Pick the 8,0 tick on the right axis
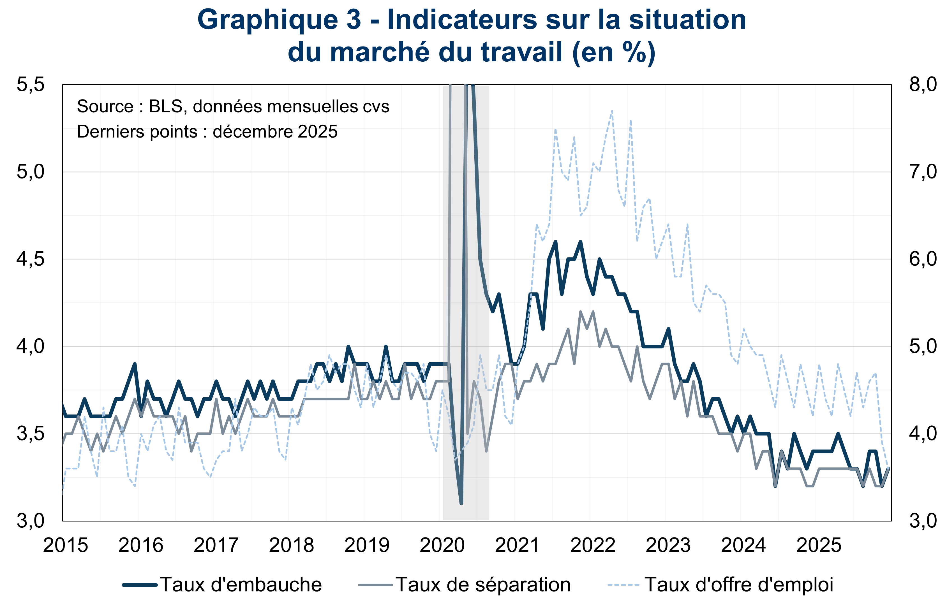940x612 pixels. (x=922, y=85)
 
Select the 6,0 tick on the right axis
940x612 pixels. (x=922, y=259)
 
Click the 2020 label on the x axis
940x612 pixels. (x=442, y=546)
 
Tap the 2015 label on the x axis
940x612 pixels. (x=66, y=546)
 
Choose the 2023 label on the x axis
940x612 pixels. (x=668, y=546)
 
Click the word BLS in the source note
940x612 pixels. (x=165, y=106)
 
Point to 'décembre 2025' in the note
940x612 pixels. (x=275, y=132)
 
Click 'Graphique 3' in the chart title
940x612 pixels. (x=279, y=20)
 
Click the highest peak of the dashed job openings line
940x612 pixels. (x=612, y=111)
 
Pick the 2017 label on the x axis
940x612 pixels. (x=216, y=546)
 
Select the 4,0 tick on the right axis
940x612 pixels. (x=922, y=433)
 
